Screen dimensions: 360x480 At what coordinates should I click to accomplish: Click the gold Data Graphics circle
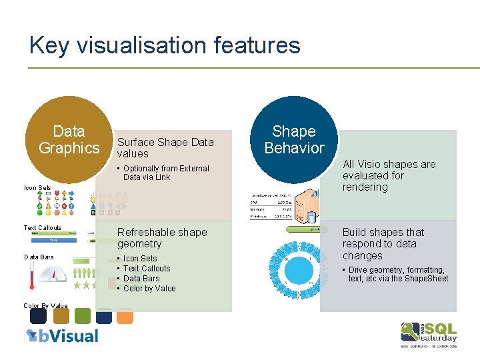[x=69, y=139]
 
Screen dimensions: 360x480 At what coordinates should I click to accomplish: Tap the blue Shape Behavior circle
[x=294, y=139]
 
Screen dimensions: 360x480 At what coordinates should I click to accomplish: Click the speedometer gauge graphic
[x=53, y=274]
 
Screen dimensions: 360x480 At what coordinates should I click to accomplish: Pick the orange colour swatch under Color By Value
[x=125, y=316]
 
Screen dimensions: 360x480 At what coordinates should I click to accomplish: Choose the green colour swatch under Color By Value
[x=82, y=316]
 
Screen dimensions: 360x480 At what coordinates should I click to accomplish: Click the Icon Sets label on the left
[x=37, y=188]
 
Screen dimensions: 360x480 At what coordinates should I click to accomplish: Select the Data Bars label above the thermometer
[x=40, y=257]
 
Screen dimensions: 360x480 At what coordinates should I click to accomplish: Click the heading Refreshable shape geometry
[x=162, y=238]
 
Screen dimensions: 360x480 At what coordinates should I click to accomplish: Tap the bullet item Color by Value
[x=149, y=289]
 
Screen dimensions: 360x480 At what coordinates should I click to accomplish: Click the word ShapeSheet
[x=427, y=279]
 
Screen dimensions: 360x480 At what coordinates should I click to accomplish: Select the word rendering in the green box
[x=365, y=187]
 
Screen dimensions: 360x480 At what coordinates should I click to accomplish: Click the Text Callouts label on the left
[x=43, y=228]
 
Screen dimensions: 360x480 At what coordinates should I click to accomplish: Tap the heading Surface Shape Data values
[x=165, y=147]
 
